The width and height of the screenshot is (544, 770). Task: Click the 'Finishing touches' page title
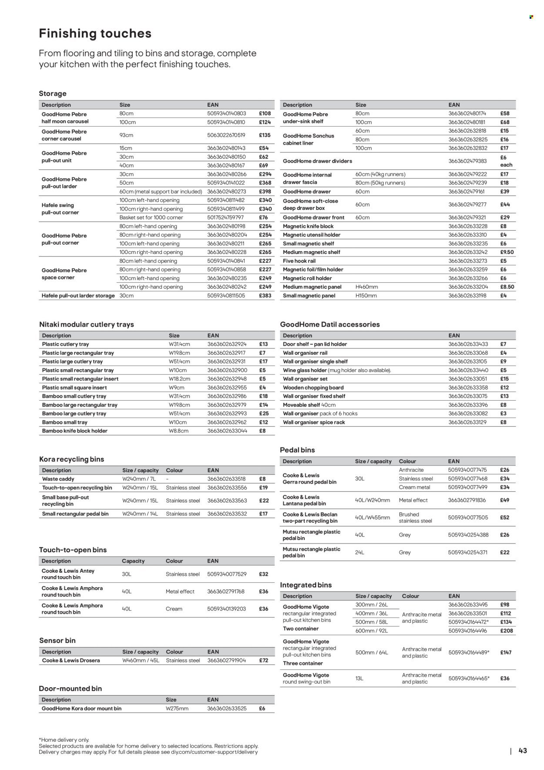click(95, 34)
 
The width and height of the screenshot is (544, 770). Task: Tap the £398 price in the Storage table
click(265, 192)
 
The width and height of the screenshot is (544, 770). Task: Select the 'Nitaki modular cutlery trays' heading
click(87, 324)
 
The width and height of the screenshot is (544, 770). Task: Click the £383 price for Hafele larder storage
click(265, 296)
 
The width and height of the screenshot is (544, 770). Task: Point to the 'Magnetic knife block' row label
click(308, 226)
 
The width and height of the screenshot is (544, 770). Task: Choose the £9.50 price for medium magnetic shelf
click(507, 252)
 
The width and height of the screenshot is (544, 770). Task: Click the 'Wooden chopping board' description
click(313, 388)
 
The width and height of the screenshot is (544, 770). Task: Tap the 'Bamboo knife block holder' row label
click(74, 431)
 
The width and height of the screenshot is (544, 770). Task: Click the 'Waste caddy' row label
click(58, 479)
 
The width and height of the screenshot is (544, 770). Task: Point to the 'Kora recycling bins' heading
click(71, 459)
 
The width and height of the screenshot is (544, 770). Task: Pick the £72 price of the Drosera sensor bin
click(264, 661)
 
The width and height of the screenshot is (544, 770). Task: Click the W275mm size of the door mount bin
click(177, 709)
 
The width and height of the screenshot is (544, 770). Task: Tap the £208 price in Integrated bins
click(506, 631)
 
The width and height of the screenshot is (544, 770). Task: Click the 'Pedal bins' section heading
click(297, 450)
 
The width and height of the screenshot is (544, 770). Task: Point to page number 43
click(523, 750)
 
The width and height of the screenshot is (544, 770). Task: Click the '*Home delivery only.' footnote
click(64, 740)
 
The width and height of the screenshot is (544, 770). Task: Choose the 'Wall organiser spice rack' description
click(314, 422)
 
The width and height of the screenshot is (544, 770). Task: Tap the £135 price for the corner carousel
click(265, 135)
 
